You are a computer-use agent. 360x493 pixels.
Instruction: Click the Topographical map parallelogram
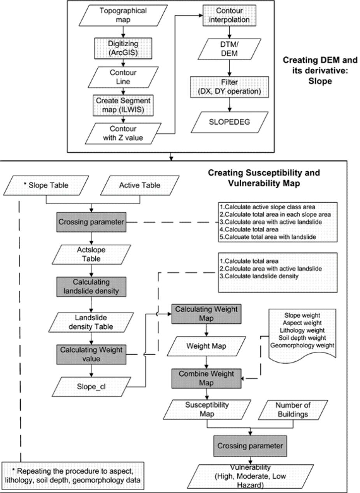click(123, 15)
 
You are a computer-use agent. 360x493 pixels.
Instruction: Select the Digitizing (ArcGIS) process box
click(123, 47)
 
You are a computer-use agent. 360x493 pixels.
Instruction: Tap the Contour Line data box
click(123, 77)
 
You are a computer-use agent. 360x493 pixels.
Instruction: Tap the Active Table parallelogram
click(140, 185)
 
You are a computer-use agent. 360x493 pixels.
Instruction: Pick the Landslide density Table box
click(91, 322)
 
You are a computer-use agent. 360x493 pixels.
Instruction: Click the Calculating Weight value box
click(91, 354)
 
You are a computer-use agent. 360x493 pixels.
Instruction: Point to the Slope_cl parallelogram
click(91, 387)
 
